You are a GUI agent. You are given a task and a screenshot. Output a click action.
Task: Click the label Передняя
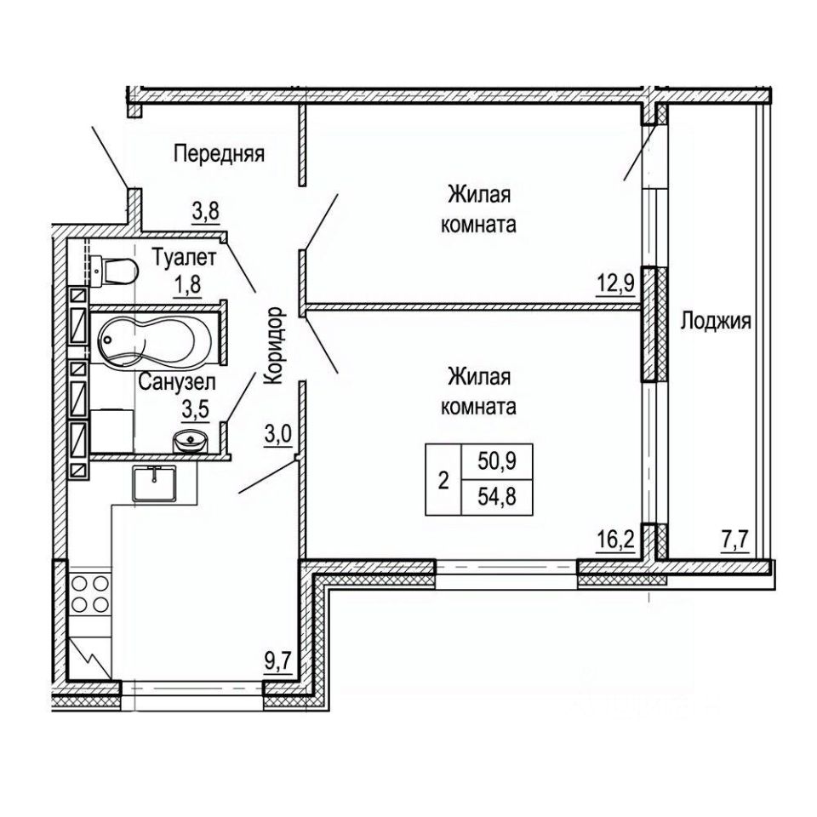coord(219,154)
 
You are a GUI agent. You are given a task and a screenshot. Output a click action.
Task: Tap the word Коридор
coord(274,346)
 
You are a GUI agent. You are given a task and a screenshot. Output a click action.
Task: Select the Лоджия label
coord(716,321)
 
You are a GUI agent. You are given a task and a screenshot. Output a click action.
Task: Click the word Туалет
coord(184,258)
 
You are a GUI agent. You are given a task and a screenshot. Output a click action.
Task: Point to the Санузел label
coord(177,382)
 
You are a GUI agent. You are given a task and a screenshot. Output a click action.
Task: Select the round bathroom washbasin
coord(190,441)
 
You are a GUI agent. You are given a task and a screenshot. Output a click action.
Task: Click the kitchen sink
coord(154,483)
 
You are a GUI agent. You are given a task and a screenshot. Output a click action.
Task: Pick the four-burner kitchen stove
coord(89,594)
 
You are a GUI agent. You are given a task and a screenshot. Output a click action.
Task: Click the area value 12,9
coord(615,284)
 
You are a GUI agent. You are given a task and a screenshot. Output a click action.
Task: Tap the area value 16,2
coord(616,540)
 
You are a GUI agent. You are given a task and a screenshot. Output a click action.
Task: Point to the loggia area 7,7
coord(734,540)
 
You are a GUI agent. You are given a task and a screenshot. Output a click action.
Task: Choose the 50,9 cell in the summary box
coord(497,461)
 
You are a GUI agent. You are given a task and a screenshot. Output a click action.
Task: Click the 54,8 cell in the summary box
coord(497,497)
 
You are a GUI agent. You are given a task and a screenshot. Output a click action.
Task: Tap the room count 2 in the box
coord(443,480)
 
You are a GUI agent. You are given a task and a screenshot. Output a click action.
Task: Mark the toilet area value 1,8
coord(187,286)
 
